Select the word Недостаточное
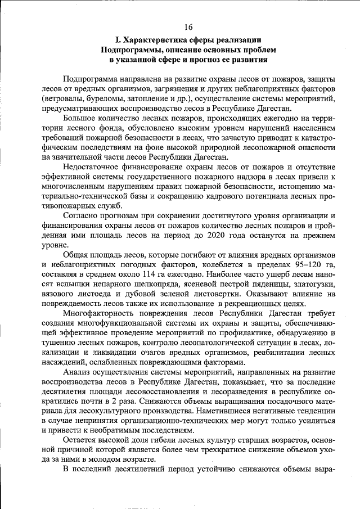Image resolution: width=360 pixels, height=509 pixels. pos(92,168)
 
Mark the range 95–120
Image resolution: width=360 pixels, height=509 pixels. pos(303,265)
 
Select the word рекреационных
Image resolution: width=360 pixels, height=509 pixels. pos(251,304)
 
